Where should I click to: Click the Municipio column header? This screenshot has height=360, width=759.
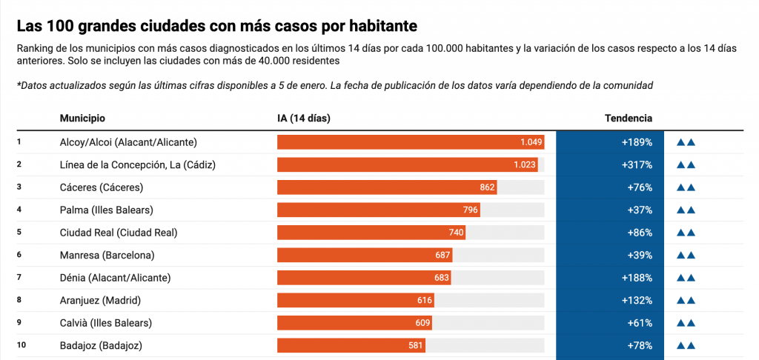tap(82, 119)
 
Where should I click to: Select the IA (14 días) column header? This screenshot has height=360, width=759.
tap(303, 119)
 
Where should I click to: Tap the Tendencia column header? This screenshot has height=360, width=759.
tap(629, 119)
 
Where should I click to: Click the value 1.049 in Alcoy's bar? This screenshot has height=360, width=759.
tap(531, 142)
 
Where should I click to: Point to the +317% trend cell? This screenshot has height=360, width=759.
tap(637, 165)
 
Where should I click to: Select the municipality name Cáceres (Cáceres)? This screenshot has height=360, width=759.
tap(102, 187)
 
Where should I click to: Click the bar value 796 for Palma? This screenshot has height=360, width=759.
tap(470, 210)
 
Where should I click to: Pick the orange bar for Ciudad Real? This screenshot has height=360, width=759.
tap(371, 233)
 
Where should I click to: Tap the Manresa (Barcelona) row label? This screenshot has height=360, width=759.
tap(107, 256)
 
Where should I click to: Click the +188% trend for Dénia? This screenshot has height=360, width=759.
tap(637, 278)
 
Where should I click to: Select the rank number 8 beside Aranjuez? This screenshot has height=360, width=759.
tap(19, 300)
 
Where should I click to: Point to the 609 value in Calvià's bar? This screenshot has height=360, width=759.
tap(422, 323)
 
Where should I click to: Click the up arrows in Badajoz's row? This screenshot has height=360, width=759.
tap(686, 345)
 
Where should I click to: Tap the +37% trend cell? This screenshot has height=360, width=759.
tap(640, 210)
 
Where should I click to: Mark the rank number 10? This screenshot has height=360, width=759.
tap(21, 345)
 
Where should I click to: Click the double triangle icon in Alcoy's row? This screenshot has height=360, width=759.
tap(686, 142)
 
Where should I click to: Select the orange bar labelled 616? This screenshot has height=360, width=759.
tap(356, 301)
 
